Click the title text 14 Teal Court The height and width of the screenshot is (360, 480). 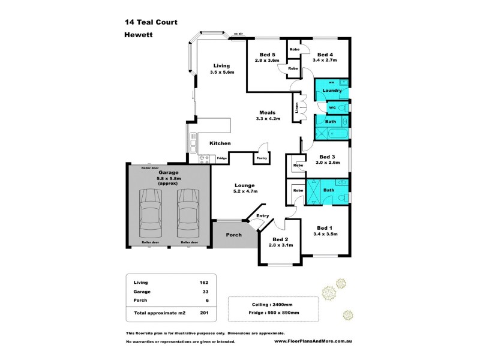click(151, 22)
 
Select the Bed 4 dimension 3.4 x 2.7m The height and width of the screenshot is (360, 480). click(325, 60)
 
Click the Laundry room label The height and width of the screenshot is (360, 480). click(331, 91)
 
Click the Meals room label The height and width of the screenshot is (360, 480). click(267, 112)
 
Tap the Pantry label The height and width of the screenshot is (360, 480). click(261, 158)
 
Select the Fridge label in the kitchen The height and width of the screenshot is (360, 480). click(221, 158)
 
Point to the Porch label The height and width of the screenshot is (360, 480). click(233, 235)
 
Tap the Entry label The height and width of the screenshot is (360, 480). click(263, 215)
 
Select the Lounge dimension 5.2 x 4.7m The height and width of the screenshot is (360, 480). click(245, 191)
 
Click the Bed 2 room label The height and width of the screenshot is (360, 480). click(280, 239)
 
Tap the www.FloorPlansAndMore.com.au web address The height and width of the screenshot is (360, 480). click(312, 342)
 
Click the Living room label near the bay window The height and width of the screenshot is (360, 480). click(222, 66)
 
